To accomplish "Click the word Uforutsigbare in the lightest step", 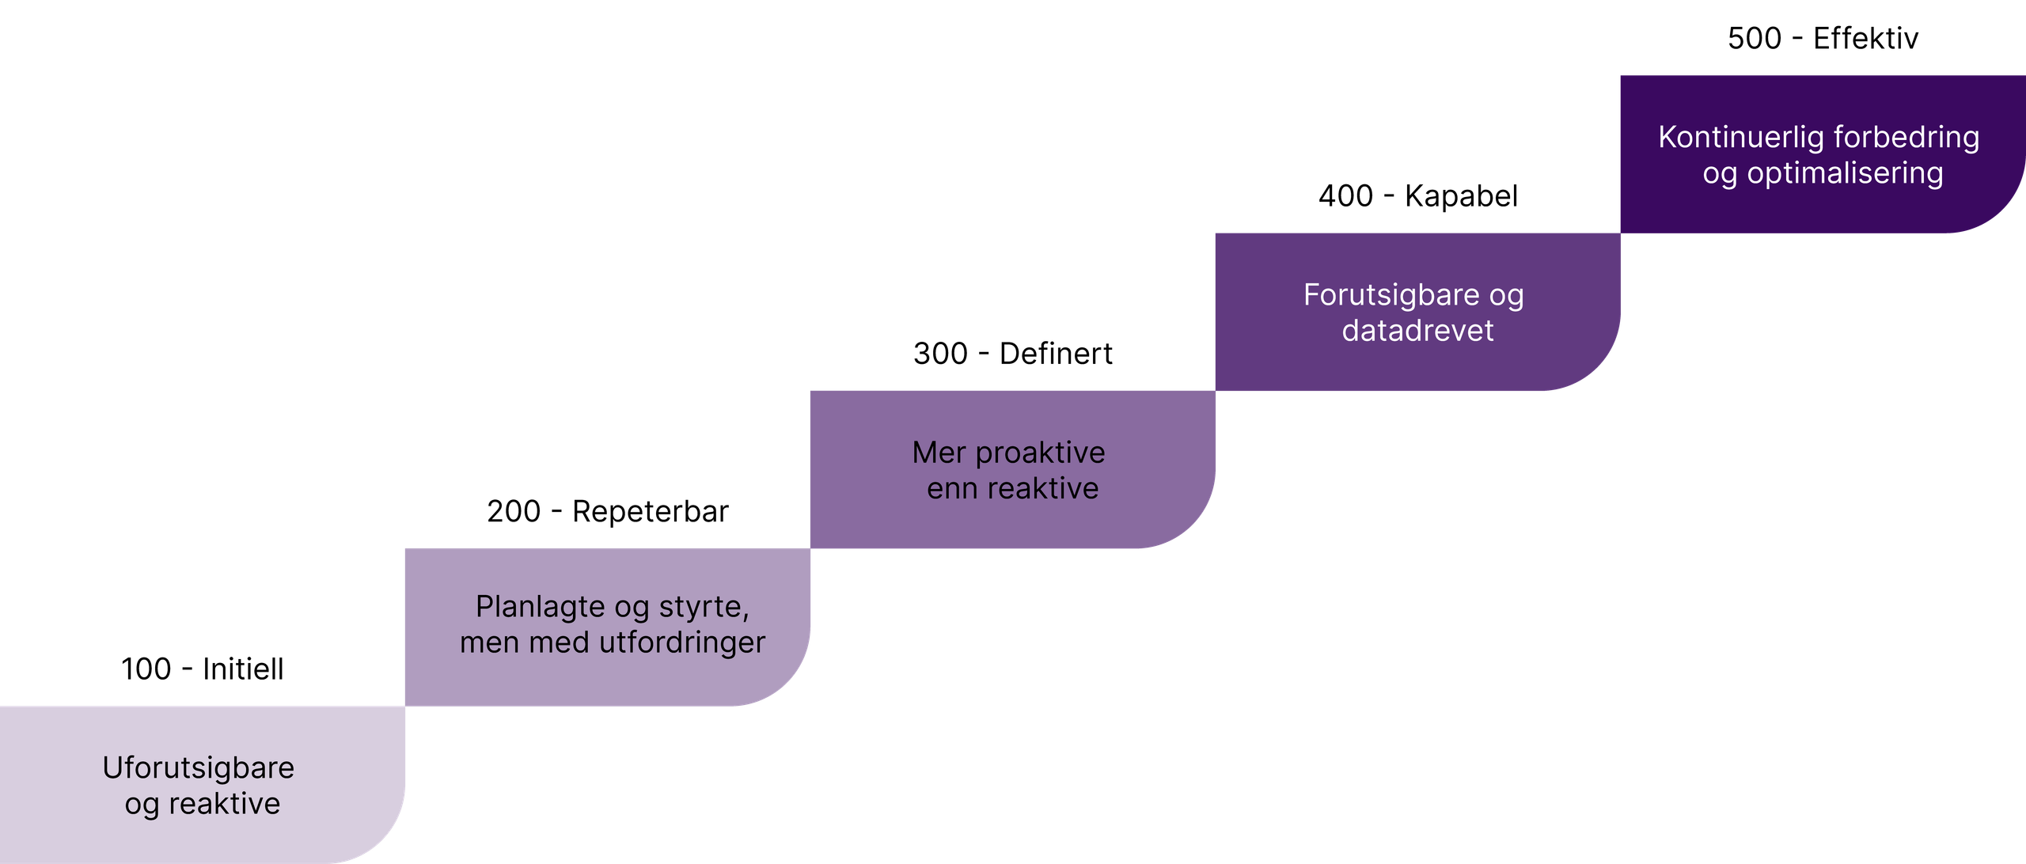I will [x=198, y=768].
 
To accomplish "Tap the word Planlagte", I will [x=540, y=607].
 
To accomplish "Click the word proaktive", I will [x=1040, y=453].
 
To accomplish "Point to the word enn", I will [x=952, y=489].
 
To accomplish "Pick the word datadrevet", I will [x=1417, y=331].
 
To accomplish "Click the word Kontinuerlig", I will [x=1740, y=138].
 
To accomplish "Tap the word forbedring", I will [x=1906, y=138].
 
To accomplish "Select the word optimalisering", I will [x=1845, y=173].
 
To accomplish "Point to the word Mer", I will [x=939, y=453].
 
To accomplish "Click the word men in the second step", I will [x=490, y=642].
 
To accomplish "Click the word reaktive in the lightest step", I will [x=224, y=804].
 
